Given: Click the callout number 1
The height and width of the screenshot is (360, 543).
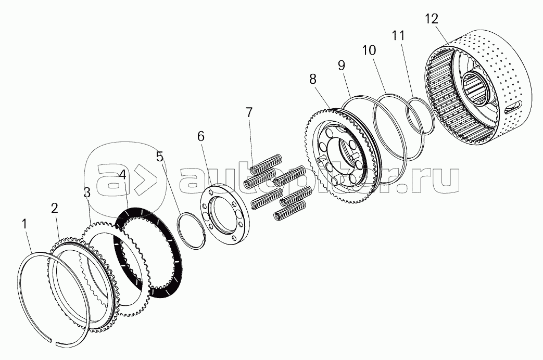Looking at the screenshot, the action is (x=24, y=224).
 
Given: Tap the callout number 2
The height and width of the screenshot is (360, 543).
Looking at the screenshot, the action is (x=54, y=208).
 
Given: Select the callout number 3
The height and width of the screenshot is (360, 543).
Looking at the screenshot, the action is (x=87, y=192).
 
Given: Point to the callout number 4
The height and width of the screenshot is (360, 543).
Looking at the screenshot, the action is (x=122, y=175).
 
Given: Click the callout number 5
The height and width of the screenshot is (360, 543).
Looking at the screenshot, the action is (x=159, y=157).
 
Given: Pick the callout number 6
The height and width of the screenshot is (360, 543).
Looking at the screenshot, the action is (x=201, y=136).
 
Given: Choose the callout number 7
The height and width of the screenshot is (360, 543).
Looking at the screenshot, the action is (x=249, y=112).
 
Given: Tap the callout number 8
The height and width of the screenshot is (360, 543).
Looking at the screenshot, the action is (x=313, y=79).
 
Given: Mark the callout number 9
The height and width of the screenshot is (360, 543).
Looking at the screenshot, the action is (x=342, y=66).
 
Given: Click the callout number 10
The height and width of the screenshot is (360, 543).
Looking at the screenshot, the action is (x=369, y=50).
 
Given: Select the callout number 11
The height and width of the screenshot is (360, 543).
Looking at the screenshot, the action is (x=398, y=35).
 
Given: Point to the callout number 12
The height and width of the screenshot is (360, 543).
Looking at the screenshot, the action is (x=432, y=19).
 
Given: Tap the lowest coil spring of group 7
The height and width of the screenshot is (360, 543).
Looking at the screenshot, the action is (x=289, y=211).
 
